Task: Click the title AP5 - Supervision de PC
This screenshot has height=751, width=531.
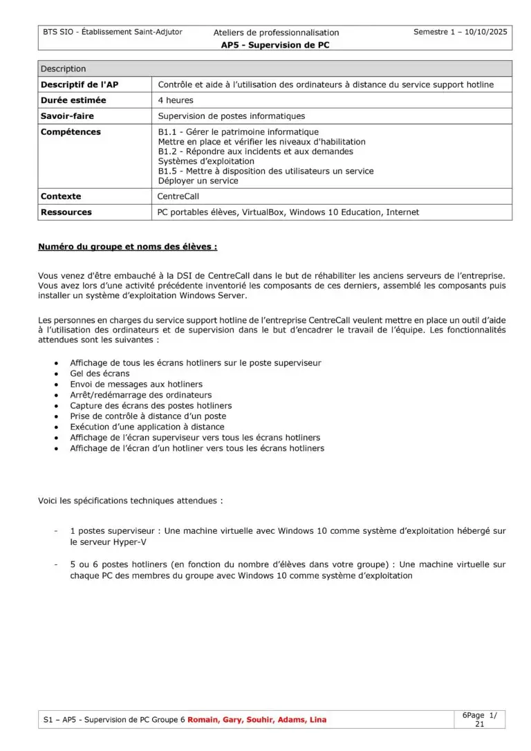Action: (x=277, y=45)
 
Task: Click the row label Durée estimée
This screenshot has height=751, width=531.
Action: (x=74, y=100)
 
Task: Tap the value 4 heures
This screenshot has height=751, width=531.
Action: (x=176, y=100)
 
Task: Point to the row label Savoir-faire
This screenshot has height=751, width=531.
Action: (x=67, y=116)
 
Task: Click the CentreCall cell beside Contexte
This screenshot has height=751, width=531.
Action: (x=178, y=196)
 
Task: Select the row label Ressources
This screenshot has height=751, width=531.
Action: (x=66, y=212)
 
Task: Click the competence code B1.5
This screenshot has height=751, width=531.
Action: (x=169, y=171)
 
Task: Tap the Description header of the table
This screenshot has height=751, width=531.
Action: (x=64, y=69)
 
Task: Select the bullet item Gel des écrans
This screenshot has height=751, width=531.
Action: (x=100, y=373)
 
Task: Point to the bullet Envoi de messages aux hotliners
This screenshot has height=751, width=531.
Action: (x=136, y=384)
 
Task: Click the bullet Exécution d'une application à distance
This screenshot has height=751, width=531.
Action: (x=147, y=427)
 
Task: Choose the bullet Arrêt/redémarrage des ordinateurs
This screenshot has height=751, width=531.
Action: (x=141, y=395)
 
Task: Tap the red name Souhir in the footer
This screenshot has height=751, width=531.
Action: (x=254, y=720)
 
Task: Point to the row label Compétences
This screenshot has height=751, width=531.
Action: (x=71, y=132)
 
